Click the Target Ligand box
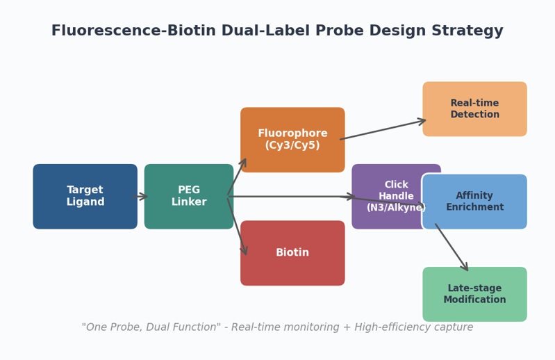(x=85, y=197)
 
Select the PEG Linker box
(x=189, y=197)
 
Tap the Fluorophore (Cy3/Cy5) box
(x=292, y=140)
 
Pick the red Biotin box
(x=292, y=253)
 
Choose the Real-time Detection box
(x=474, y=109)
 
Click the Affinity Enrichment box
(x=474, y=202)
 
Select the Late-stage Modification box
(x=474, y=294)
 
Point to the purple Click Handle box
(x=386, y=197)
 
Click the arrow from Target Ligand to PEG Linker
(x=140, y=197)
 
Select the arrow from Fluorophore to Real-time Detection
(x=383, y=129)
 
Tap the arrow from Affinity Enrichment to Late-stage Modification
(x=452, y=247)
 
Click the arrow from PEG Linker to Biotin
(x=237, y=226)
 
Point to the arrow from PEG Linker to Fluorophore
(x=237, y=177)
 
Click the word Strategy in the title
(x=467, y=31)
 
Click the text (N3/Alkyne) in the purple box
(x=396, y=207)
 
